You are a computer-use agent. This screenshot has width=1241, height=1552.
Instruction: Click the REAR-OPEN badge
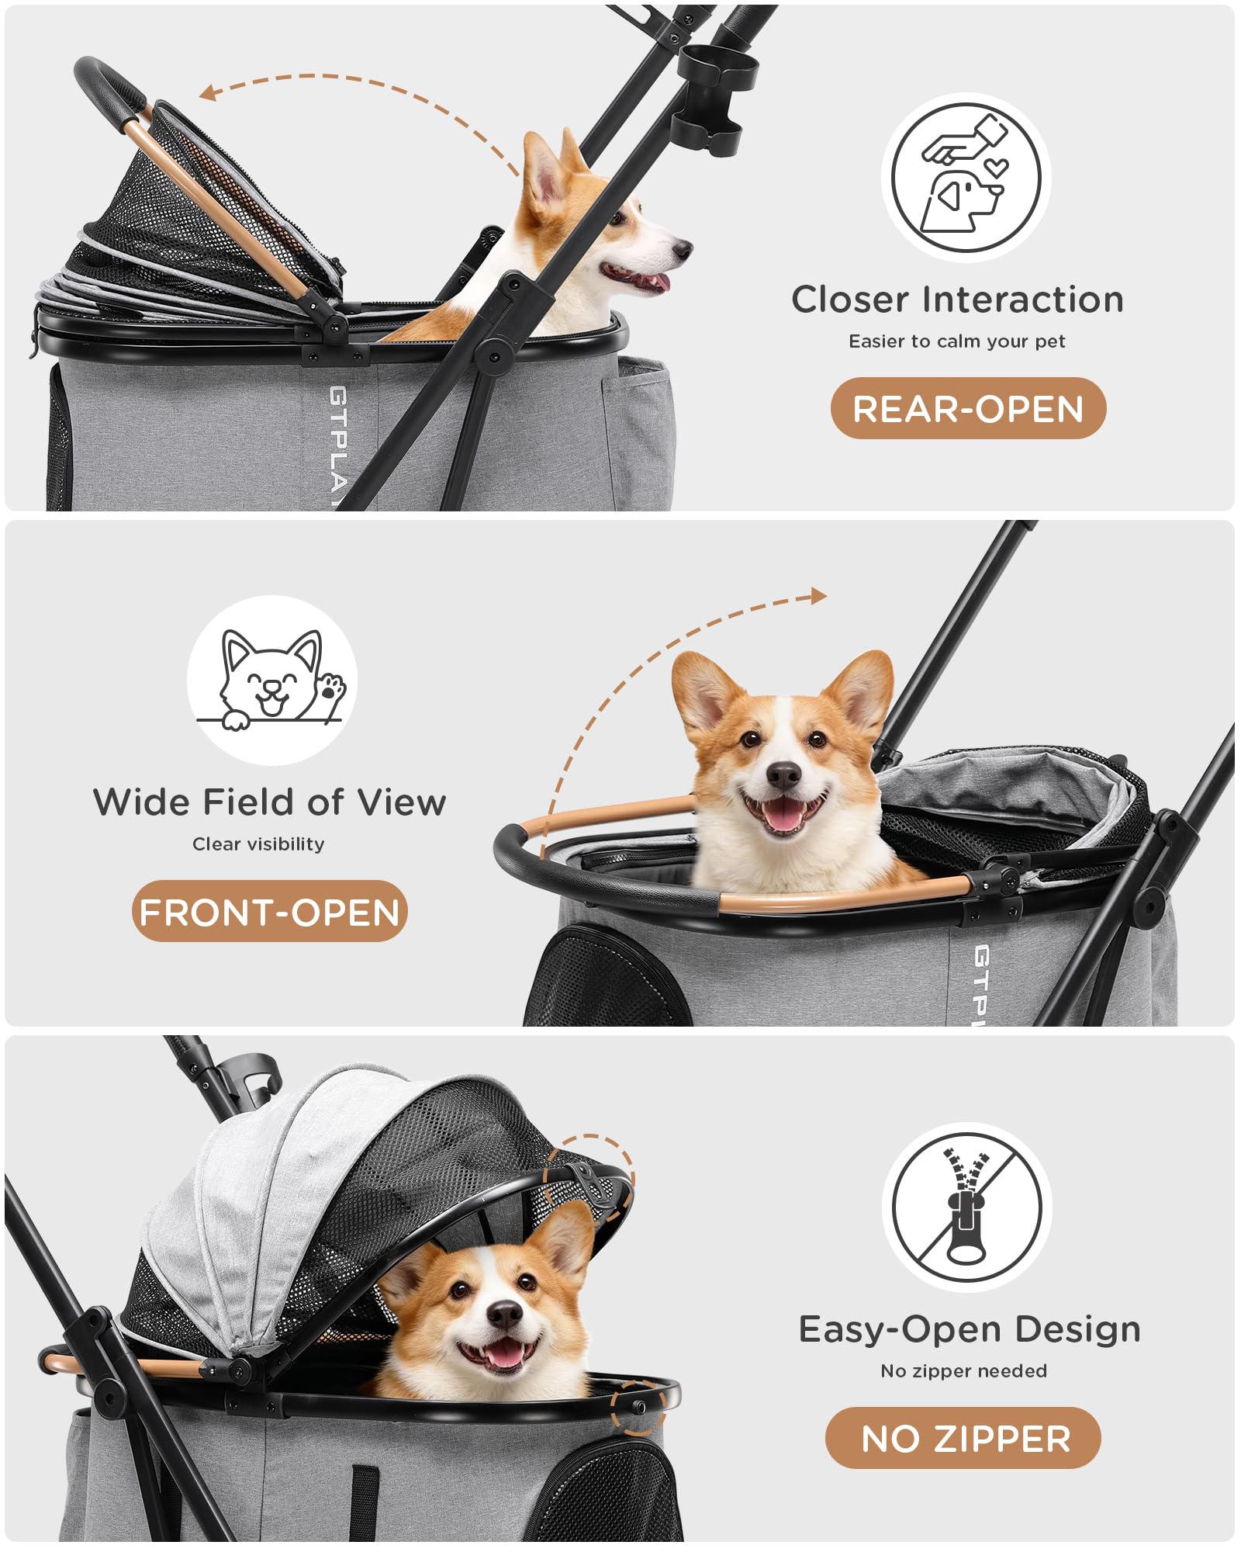coord(968,408)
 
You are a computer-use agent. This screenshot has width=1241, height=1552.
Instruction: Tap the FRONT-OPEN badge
coord(269,911)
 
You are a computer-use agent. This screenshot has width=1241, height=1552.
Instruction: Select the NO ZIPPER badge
coord(963,1438)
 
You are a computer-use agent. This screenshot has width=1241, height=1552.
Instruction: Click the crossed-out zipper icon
coord(966,1207)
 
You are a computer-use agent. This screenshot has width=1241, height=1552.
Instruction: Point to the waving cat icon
coord(271,680)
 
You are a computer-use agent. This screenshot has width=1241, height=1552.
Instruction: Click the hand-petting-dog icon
coord(966,176)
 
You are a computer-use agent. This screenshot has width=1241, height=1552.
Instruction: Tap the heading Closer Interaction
coord(957,300)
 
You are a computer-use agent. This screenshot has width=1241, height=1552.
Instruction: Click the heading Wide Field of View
coord(269,802)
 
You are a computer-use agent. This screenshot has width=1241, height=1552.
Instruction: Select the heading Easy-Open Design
coord(970,1330)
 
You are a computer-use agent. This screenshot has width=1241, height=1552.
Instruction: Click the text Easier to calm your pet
coord(957,341)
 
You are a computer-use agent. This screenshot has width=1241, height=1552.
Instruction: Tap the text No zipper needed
coord(963,1371)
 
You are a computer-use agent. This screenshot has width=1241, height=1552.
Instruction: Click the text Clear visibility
coord(258,844)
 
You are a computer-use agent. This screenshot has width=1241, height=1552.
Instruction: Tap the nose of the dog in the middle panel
coord(783,774)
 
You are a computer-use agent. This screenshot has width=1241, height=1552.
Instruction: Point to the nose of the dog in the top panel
coord(683,249)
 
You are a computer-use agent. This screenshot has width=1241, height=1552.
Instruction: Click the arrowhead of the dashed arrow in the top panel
coord(208,92)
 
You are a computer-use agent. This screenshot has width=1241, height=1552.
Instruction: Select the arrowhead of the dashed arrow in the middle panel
coord(818,596)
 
